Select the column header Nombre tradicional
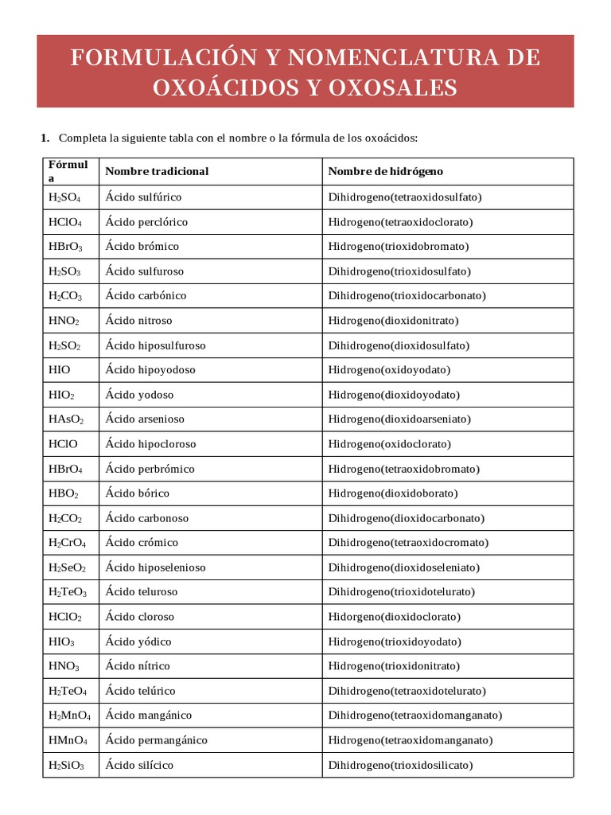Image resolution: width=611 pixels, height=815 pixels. pyautogui.click(x=157, y=171)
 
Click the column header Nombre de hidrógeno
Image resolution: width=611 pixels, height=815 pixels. pyautogui.click(x=386, y=171)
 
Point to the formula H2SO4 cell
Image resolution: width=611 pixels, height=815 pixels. pyautogui.click(x=64, y=197)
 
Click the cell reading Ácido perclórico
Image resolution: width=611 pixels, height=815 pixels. pyautogui.click(x=146, y=222)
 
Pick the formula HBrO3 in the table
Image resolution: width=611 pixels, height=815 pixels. pyautogui.click(x=65, y=247)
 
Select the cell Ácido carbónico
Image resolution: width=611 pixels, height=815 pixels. pyautogui.click(x=146, y=295)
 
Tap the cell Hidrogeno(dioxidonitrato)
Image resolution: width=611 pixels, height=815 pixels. pyautogui.click(x=393, y=321)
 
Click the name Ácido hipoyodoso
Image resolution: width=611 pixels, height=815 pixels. pyautogui.click(x=150, y=370)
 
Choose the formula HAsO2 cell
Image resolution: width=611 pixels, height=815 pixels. pyautogui.click(x=66, y=419)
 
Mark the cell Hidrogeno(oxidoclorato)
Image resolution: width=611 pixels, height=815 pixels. pyautogui.click(x=389, y=443)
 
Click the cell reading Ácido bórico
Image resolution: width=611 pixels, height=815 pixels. pyautogui.click(x=137, y=493)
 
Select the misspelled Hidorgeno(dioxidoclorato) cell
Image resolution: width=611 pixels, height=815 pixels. pyautogui.click(x=394, y=616)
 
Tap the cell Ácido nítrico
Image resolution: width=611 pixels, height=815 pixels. pyautogui.click(x=138, y=665)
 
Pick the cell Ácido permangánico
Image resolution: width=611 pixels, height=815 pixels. pyautogui.click(x=156, y=739)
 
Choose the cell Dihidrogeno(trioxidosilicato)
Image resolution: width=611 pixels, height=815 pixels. pyautogui.click(x=400, y=765)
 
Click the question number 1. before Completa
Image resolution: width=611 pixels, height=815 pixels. pyautogui.click(x=45, y=138)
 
